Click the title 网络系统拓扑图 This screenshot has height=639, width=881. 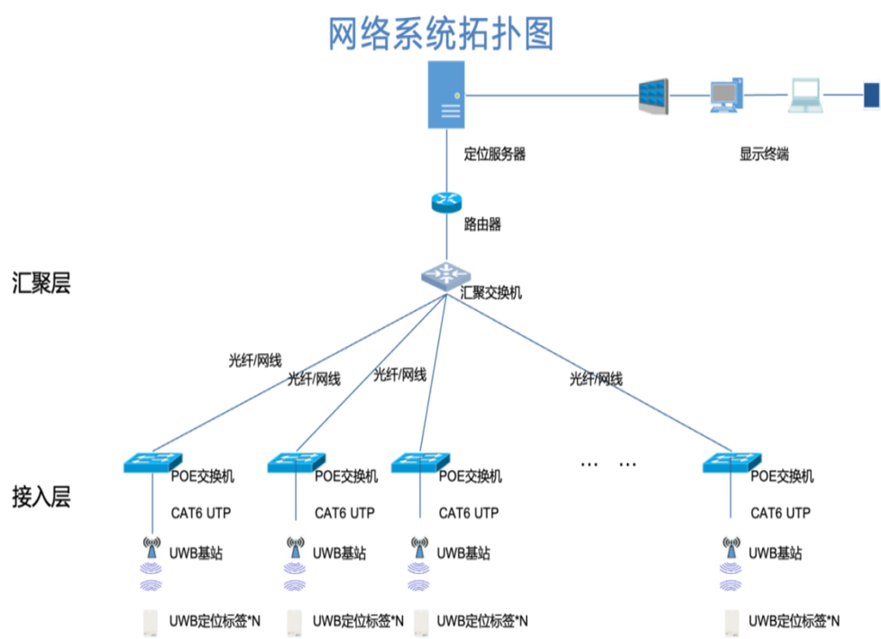click(x=440, y=34)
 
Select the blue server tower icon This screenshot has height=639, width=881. click(x=446, y=95)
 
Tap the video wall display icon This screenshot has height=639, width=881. click(x=654, y=96)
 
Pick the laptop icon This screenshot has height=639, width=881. click(x=805, y=96)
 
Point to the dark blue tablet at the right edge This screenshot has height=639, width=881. click(x=871, y=96)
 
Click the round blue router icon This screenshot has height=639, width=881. click(x=446, y=203)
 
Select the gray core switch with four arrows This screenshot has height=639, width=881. click(x=445, y=276)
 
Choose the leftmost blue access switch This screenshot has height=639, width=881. click(x=151, y=461)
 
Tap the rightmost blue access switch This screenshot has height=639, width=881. click(x=730, y=461)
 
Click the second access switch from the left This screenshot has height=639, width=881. click(x=295, y=461)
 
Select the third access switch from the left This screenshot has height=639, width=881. click(x=419, y=461)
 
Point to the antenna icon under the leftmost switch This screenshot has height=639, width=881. click(x=151, y=545)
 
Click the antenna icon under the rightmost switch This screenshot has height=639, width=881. click(x=731, y=545)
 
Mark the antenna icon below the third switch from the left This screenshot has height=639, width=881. click(x=418, y=545)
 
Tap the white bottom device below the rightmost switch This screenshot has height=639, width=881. click(x=731, y=622)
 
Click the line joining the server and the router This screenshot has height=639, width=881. click(x=446, y=160)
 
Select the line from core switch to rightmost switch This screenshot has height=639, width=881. click(x=591, y=373)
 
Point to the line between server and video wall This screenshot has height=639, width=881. click(x=550, y=94)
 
